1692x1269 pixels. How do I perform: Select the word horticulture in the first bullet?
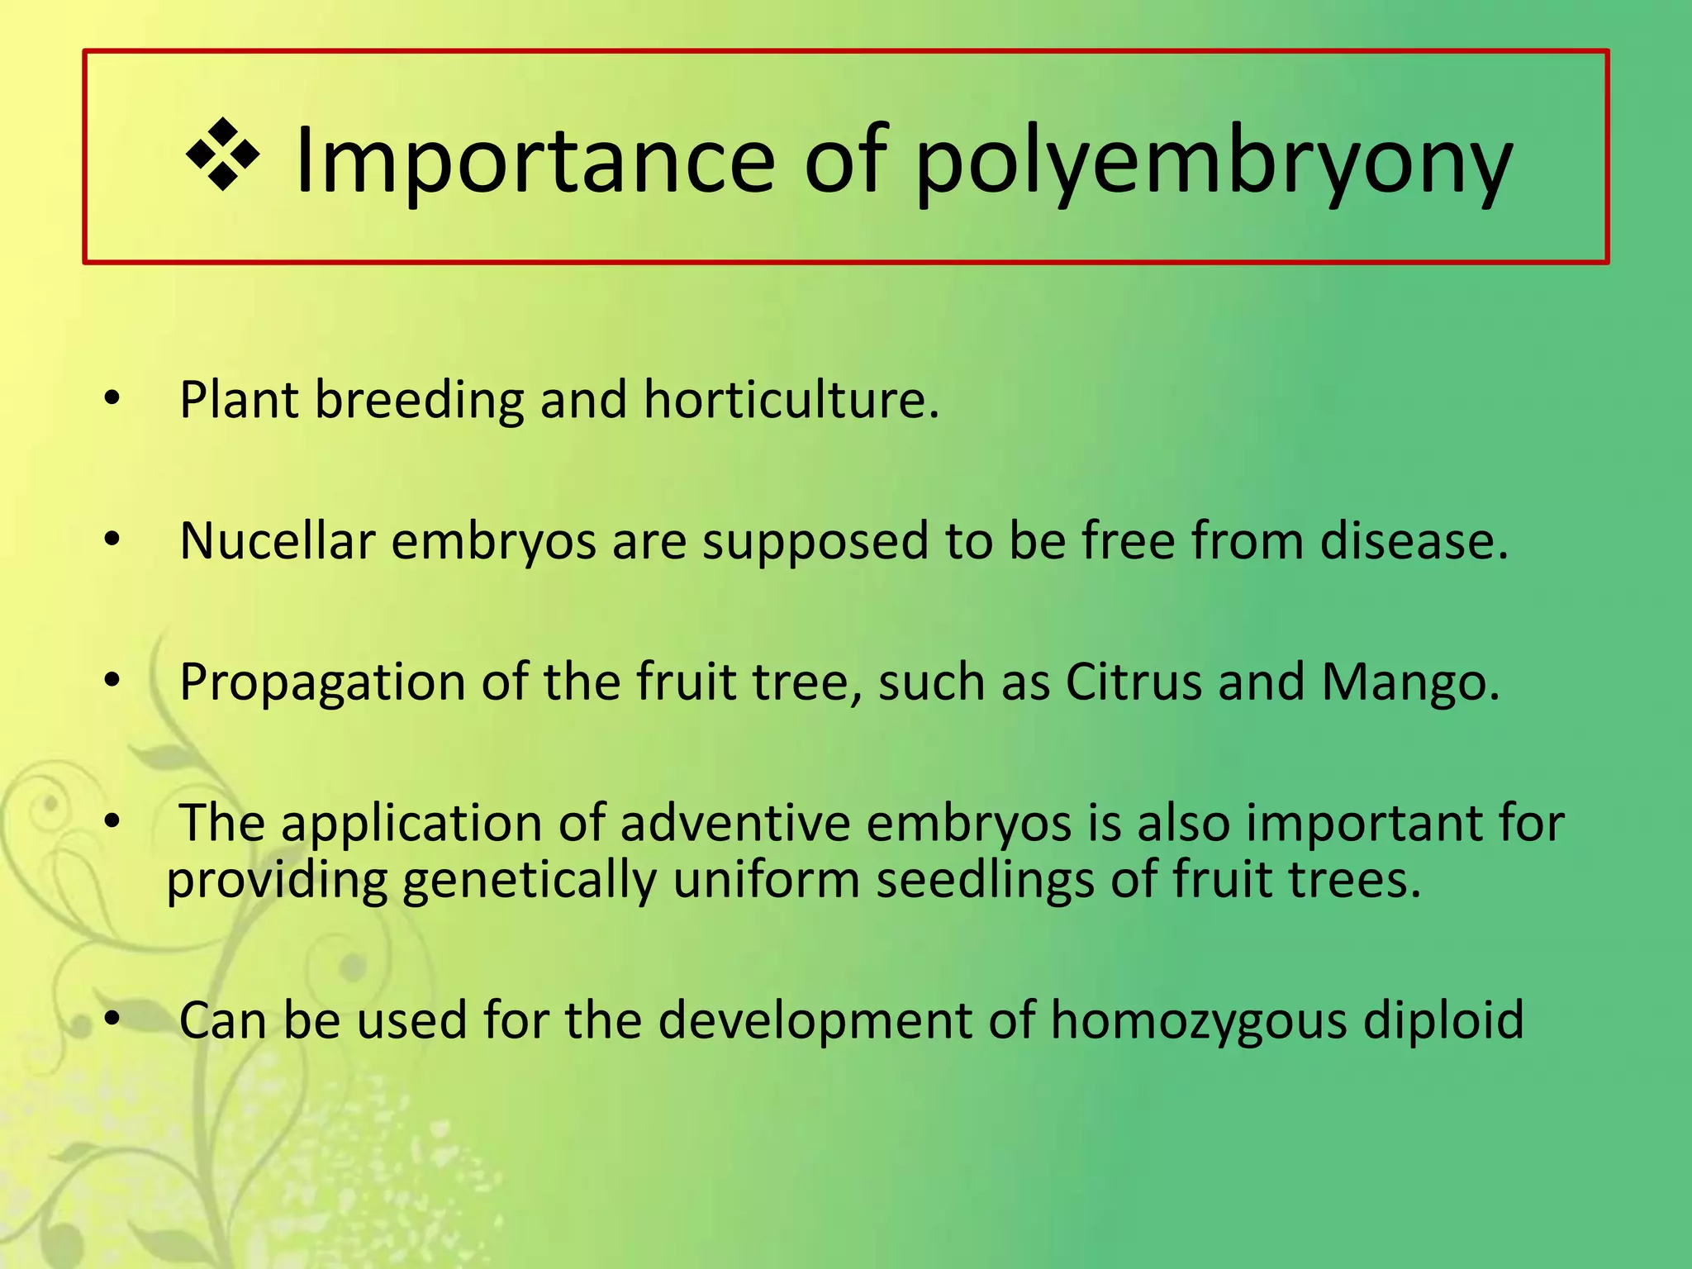(x=791, y=400)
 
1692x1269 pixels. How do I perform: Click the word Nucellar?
(x=278, y=541)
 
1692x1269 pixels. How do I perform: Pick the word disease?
(x=1414, y=541)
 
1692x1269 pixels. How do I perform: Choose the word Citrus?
(x=1134, y=682)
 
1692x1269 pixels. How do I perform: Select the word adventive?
(x=734, y=824)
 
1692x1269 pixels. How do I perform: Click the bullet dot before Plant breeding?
(x=112, y=399)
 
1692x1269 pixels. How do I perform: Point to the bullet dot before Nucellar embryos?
(x=112, y=540)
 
